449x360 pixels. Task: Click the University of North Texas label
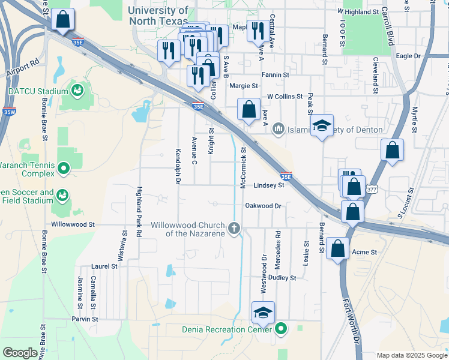click(158, 16)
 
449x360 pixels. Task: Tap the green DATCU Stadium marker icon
click(77, 91)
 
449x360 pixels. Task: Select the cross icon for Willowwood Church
click(235, 229)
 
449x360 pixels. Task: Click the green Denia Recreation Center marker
click(280, 328)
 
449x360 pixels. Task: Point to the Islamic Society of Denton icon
click(278, 129)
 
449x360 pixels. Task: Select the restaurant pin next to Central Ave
click(258, 32)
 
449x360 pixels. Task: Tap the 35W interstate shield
click(9, 111)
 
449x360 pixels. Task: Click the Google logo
click(20, 352)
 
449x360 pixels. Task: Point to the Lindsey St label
click(268, 186)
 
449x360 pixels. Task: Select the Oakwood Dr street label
click(263, 206)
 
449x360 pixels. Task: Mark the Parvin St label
click(85, 319)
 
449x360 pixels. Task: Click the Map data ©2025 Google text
click(411, 355)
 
